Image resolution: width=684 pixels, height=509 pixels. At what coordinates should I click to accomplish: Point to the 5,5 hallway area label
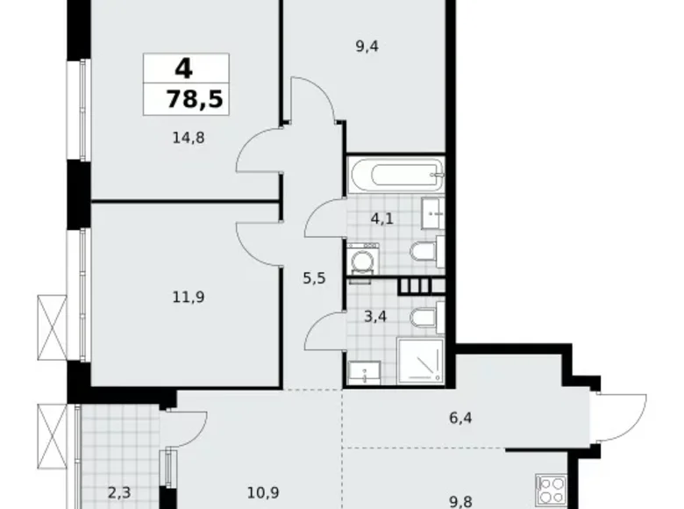pyautogui.click(x=314, y=278)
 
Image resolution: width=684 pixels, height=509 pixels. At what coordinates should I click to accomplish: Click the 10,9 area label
pyautogui.click(x=259, y=493)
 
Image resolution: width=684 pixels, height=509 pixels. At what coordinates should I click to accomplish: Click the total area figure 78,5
pyautogui.click(x=195, y=98)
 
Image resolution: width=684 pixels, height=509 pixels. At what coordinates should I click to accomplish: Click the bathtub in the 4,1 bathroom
pyautogui.click(x=395, y=173)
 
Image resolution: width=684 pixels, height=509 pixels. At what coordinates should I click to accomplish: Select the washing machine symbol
pyautogui.click(x=360, y=261)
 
